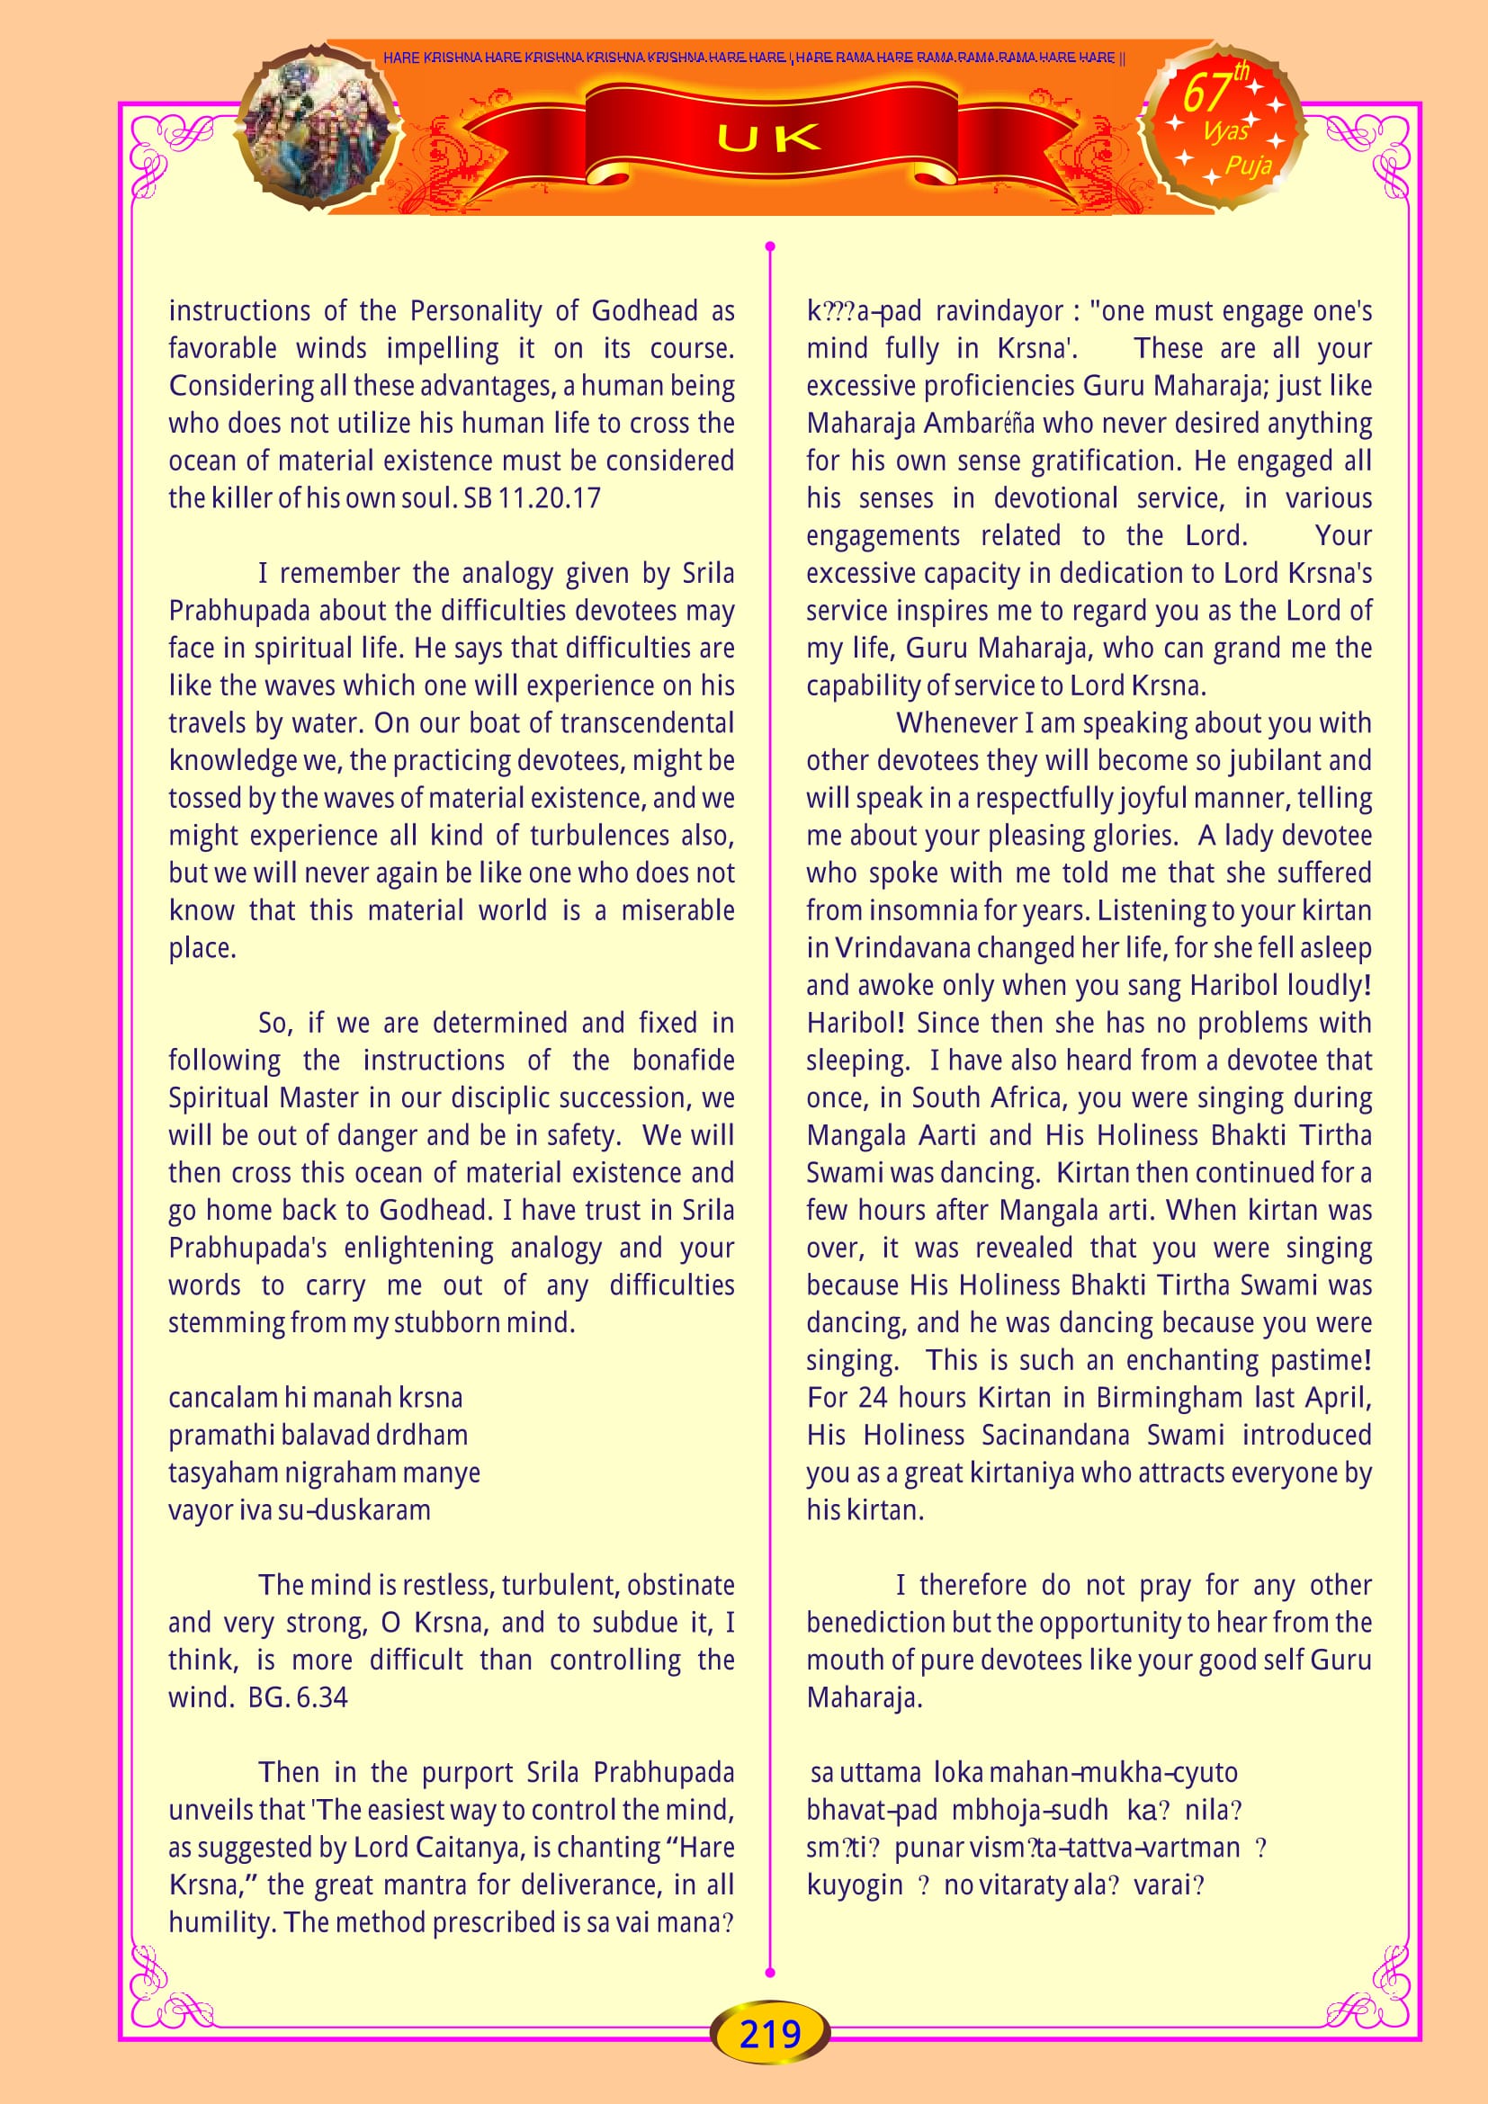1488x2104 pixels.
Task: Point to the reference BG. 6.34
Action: [298, 1697]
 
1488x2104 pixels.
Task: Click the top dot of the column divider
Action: [770, 246]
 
